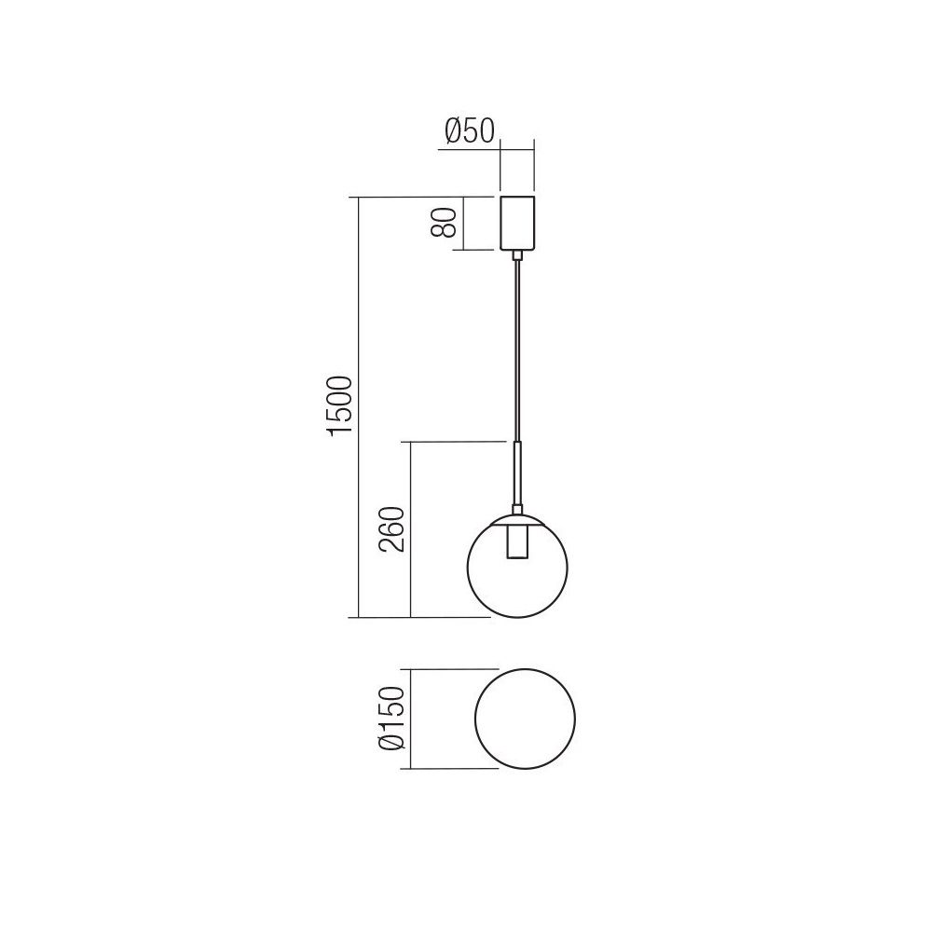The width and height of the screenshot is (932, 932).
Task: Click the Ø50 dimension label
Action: click(x=470, y=130)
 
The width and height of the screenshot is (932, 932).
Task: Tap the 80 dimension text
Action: click(x=444, y=223)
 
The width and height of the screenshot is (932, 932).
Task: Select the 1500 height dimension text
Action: click(x=340, y=406)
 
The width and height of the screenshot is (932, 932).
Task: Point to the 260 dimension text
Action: click(x=392, y=529)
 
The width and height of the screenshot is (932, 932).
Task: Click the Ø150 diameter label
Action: click(x=392, y=718)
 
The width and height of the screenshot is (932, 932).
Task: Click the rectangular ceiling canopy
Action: click(x=517, y=223)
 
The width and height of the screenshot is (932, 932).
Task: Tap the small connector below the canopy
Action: click(x=517, y=255)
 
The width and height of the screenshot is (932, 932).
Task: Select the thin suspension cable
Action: click(x=517, y=350)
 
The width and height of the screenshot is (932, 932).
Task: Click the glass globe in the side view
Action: click(x=468, y=568)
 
